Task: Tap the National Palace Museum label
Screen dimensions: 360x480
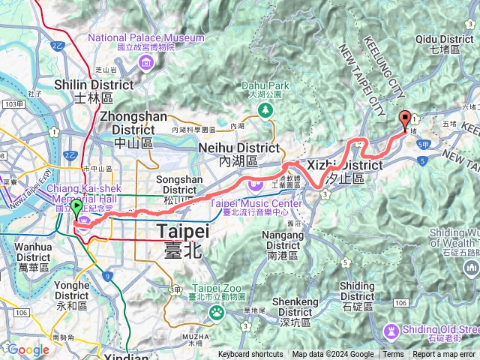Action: point(146,37)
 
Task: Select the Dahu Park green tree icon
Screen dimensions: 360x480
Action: point(264,110)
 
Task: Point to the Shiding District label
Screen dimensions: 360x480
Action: point(357,292)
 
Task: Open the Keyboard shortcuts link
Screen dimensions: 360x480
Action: point(250,355)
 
